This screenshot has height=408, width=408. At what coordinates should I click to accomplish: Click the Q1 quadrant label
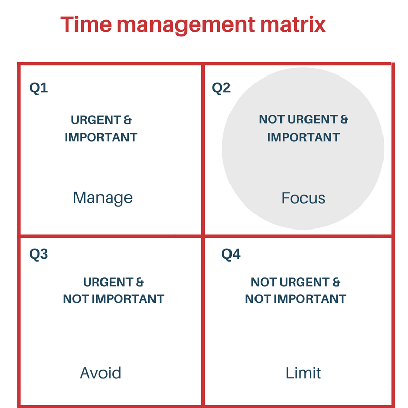click(39, 88)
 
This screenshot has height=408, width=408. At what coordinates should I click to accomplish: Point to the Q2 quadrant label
click(221, 88)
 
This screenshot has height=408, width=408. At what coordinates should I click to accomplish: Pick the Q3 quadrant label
click(39, 254)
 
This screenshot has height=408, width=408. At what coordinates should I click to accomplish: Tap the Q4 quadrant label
click(231, 254)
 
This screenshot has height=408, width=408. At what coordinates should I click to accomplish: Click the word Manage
click(103, 198)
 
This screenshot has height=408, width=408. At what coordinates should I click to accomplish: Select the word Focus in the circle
click(303, 198)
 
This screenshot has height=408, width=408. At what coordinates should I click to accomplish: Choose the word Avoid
click(100, 373)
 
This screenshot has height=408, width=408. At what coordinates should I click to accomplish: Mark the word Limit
click(303, 373)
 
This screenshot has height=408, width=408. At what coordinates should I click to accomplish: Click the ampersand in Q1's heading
click(127, 120)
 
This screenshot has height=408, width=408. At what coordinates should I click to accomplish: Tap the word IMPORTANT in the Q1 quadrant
click(101, 137)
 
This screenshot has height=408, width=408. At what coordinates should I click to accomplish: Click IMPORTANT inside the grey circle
click(303, 137)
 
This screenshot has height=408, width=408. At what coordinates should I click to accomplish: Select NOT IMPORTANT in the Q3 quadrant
click(113, 299)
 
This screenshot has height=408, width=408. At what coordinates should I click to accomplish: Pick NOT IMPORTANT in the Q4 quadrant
click(295, 299)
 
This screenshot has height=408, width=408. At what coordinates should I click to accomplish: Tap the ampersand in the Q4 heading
click(336, 282)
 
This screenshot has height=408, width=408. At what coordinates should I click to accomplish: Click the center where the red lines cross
click(203, 236)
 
